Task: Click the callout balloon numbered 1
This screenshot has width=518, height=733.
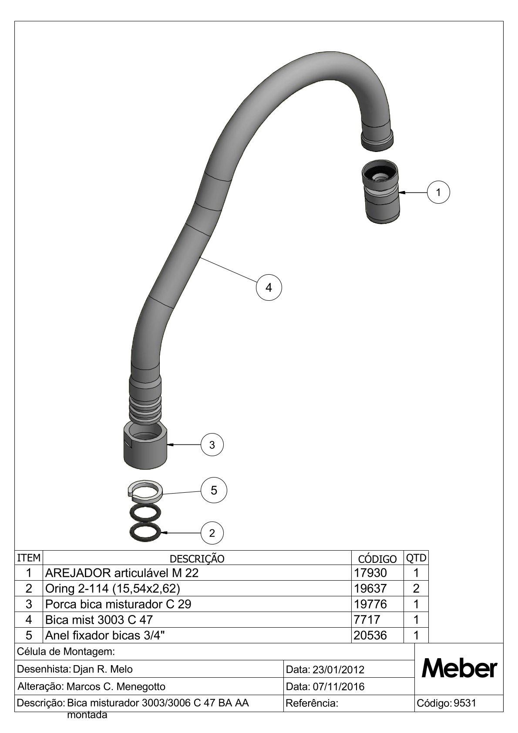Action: (438, 192)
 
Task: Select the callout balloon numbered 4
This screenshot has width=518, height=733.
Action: (269, 288)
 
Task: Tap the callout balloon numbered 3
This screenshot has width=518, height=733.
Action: (212, 445)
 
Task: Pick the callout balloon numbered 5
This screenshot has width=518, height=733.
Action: (214, 491)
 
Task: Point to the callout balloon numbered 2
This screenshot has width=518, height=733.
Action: (212, 533)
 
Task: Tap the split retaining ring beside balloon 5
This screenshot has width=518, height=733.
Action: (144, 492)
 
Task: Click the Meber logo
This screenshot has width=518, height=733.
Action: (459, 669)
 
